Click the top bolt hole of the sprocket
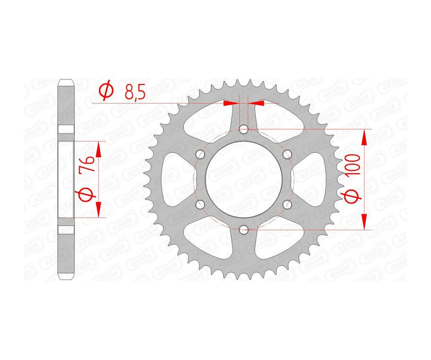244,129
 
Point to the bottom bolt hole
244,230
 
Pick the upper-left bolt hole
200,154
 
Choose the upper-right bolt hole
287,154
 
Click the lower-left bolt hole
200,204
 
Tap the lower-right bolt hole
287,204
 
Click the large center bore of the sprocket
244,180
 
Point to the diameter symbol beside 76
87,194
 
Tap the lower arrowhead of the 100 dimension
364,222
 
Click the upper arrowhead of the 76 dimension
99,150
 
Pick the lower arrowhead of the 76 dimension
99,209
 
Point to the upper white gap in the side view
66,130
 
